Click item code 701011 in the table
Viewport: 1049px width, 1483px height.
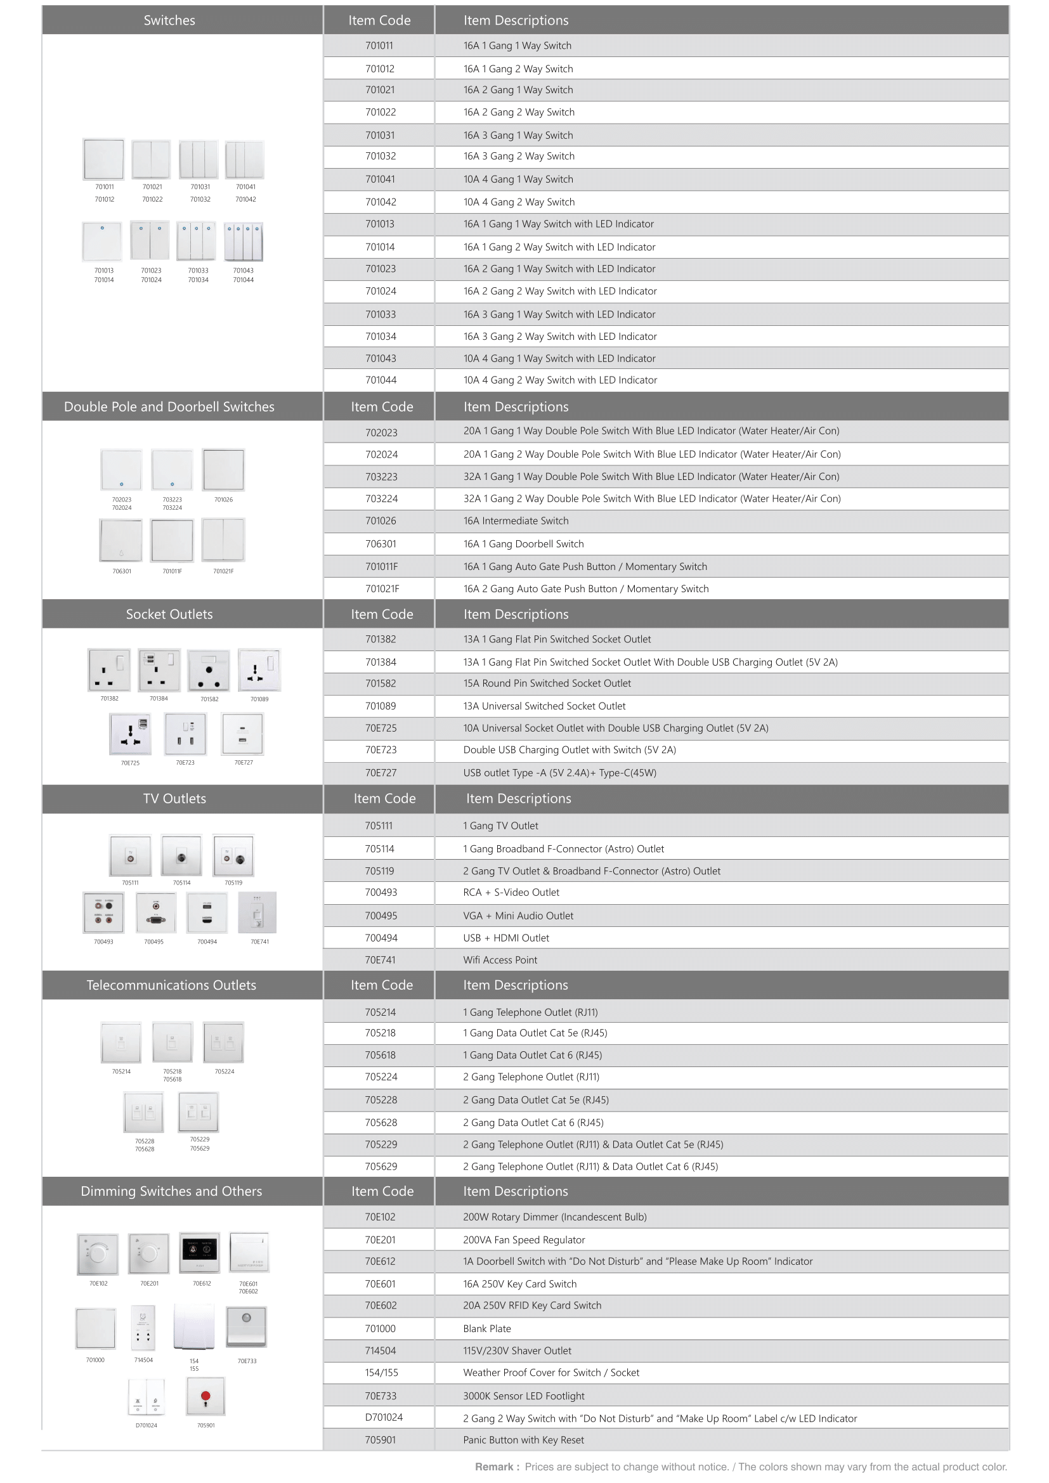coord(379,46)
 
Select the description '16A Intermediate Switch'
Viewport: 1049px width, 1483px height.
coord(516,521)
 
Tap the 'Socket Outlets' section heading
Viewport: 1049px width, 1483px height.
coord(169,614)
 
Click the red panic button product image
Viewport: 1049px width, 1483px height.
coord(205,1396)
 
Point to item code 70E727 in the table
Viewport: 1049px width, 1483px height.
coord(381,772)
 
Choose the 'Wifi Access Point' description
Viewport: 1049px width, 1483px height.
coord(500,960)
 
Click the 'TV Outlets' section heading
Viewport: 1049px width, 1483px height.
coord(174,799)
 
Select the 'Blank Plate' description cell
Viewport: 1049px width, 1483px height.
coord(487,1329)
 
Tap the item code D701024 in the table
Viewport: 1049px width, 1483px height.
coord(384,1417)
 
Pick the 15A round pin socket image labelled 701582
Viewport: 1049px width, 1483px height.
coord(209,670)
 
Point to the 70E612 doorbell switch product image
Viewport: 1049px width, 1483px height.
coord(200,1252)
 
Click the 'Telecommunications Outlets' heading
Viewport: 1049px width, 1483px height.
coord(171,985)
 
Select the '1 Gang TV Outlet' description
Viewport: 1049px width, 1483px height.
coord(500,826)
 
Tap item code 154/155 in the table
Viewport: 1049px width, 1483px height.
coord(381,1373)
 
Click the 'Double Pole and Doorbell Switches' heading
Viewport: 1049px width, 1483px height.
coord(169,407)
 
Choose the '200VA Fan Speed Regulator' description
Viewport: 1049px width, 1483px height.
coord(524,1240)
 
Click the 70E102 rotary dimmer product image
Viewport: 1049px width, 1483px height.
coord(98,1253)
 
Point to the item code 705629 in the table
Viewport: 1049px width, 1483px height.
coord(381,1167)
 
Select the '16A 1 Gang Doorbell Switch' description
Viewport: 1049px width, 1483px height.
coord(523,544)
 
